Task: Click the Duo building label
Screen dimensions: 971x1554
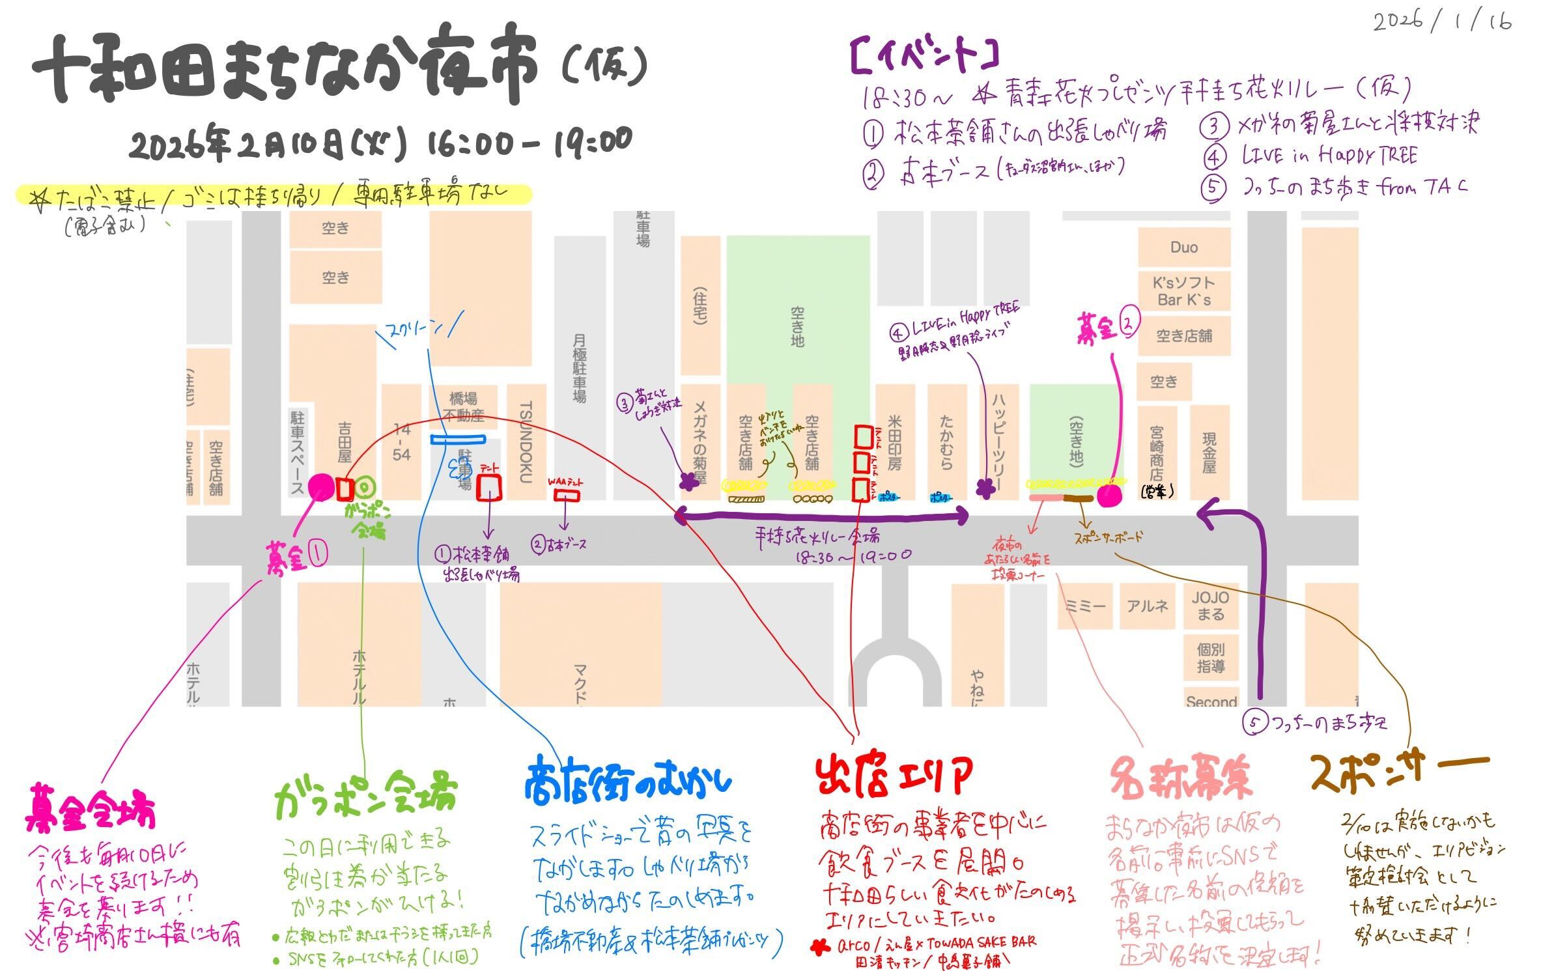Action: point(1183,247)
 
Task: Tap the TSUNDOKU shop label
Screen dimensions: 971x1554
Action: point(526,442)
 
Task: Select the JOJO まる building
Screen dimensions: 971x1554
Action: point(1210,606)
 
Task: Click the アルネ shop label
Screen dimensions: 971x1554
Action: point(1148,606)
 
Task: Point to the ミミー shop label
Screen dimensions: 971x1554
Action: point(1084,606)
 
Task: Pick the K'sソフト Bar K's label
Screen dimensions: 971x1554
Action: point(1183,291)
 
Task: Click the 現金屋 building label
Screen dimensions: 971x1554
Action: point(1209,453)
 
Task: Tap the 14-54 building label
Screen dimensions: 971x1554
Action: point(401,442)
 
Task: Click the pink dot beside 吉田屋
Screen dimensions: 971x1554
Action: point(320,486)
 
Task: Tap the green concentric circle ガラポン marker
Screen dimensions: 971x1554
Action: point(366,486)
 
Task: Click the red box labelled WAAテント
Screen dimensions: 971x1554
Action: point(567,495)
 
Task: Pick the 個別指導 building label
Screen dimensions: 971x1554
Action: point(1210,658)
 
